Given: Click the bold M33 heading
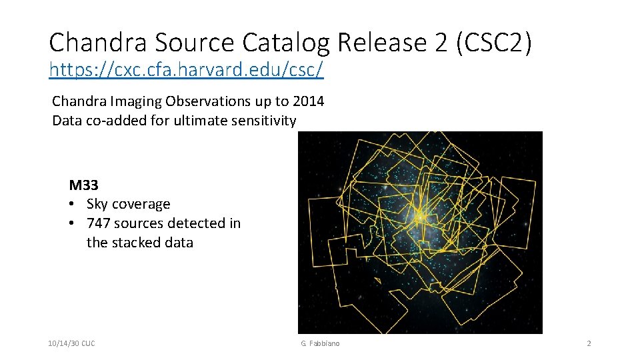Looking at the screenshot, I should pyautogui.click(x=83, y=185).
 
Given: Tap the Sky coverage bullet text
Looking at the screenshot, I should pyautogui.click(x=128, y=204).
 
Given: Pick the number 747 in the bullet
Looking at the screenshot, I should pyautogui.click(x=99, y=223).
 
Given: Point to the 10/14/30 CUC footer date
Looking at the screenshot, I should pyautogui.click(x=71, y=343).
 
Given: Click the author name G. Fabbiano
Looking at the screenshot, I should pyautogui.click(x=320, y=343).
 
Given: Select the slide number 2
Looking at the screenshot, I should pyautogui.click(x=589, y=343).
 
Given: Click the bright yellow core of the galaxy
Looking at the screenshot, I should pyautogui.click(x=421, y=217).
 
